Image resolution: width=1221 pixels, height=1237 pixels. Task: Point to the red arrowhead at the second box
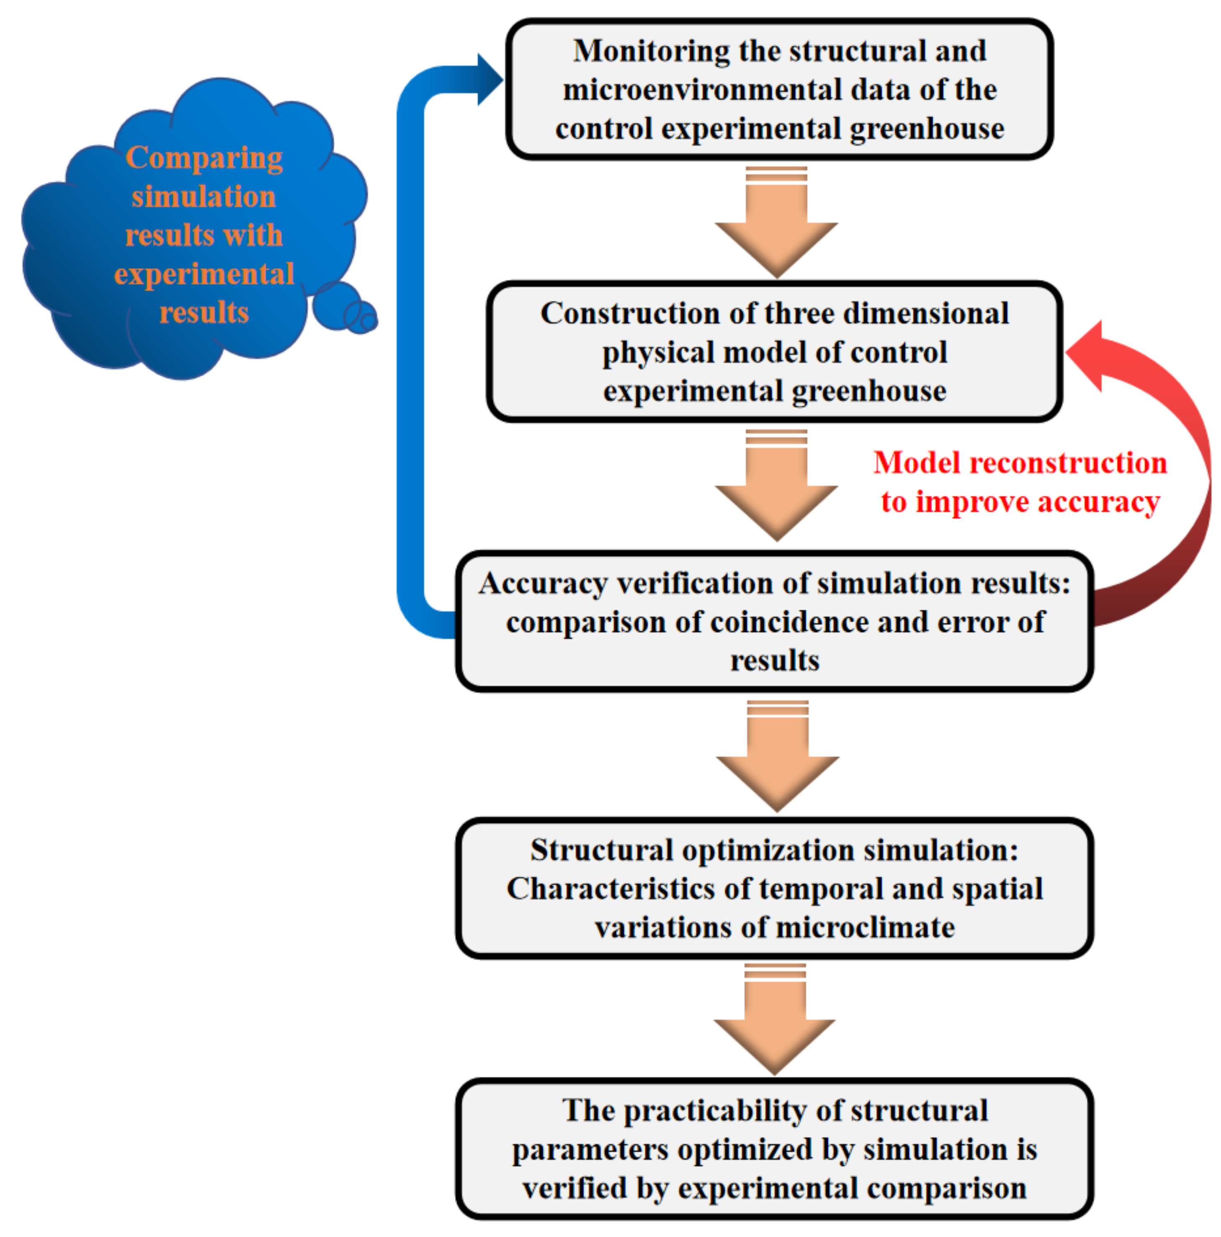point(1087,355)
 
